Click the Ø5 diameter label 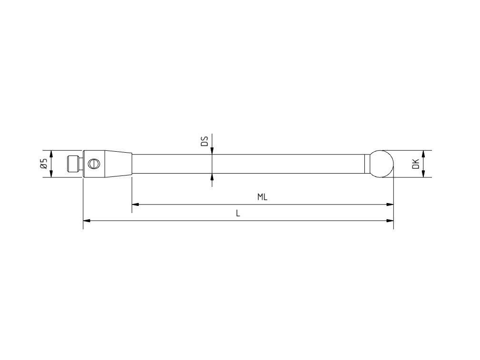click(43, 164)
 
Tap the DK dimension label click(416, 164)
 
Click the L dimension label click(238, 214)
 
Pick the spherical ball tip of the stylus click(382, 164)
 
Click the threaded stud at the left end click(73, 164)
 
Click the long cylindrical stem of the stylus click(247, 164)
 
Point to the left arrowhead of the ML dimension click(136, 204)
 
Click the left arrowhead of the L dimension click(87, 221)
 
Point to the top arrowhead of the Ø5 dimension click(51, 154)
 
